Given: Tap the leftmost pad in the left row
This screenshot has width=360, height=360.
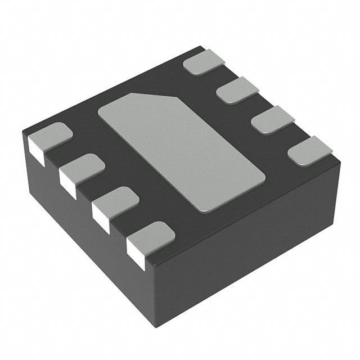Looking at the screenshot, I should (51, 136).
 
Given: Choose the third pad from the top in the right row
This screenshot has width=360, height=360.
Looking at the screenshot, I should (272, 121).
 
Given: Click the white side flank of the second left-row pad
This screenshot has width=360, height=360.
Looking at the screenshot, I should (67, 184).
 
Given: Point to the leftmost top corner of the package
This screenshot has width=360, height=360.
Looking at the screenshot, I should (24, 130).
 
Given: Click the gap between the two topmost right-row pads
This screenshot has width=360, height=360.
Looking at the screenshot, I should (222, 78).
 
